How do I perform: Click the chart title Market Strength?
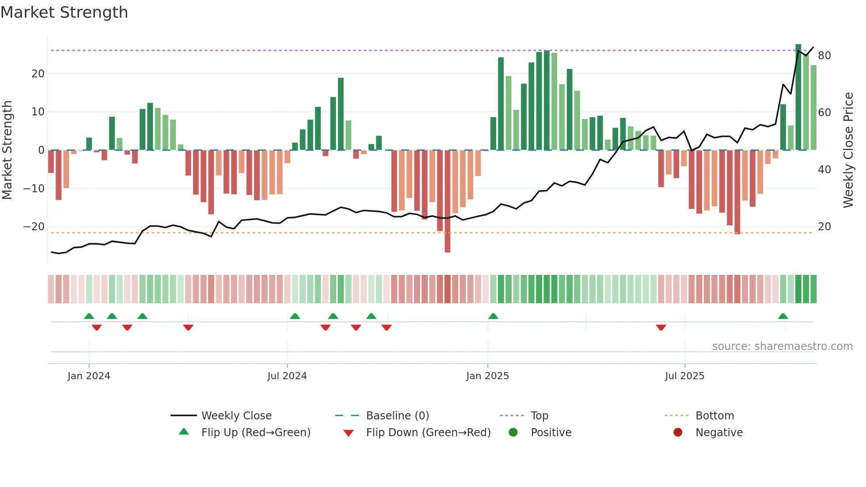pyautogui.click(x=64, y=12)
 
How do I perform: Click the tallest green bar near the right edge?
pyautogui.click(x=798, y=97)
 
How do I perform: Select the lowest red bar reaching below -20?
pyautogui.click(x=447, y=201)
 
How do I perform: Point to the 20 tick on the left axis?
pyautogui.click(x=38, y=74)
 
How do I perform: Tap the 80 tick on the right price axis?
pyautogui.click(x=824, y=56)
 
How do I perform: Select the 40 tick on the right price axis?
pyautogui.click(x=824, y=170)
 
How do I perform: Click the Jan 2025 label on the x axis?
pyautogui.click(x=487, y=376)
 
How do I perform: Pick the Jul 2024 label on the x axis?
pyautogui.click(x=287, y=376)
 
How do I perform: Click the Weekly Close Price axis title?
pyautogui.click(x=848, y=150)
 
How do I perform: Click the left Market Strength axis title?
pyautogui.click(x=7, y=150)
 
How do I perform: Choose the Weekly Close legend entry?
pyautogui.click(x=236, y=416)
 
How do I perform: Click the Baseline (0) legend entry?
pyautogui.click(x=397, y=416)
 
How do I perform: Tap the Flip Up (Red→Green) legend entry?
pyautogui.click(x=255, y=433)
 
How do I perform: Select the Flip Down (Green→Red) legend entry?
pyautogui.click(x=428, y=433)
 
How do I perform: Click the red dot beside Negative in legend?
pyautogui.click(x=677, y=432)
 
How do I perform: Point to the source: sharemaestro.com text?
pyautogui.click(x=782, y=346)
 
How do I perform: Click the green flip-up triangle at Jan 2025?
pyautogui.click(x=493, y=316)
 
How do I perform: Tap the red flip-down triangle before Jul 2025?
pyautogui.click(x=661, y=327)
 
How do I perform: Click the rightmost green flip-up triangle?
pyautogui.click(x=783, y=316)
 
